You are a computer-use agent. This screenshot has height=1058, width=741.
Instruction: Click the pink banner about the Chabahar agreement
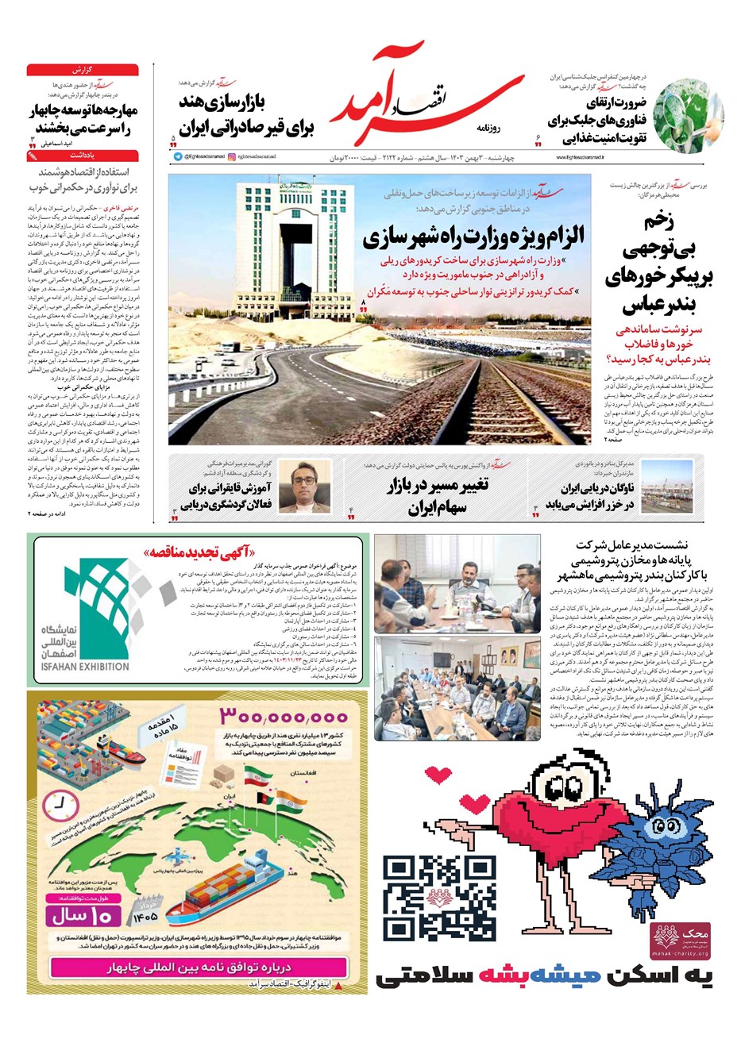199,968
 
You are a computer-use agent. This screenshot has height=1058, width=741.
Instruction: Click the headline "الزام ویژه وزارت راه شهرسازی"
473,236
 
